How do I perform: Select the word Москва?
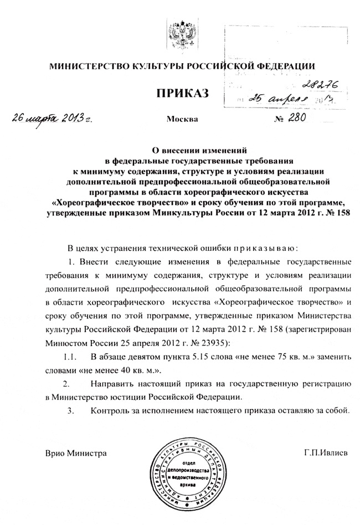click(x=181, y=119)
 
